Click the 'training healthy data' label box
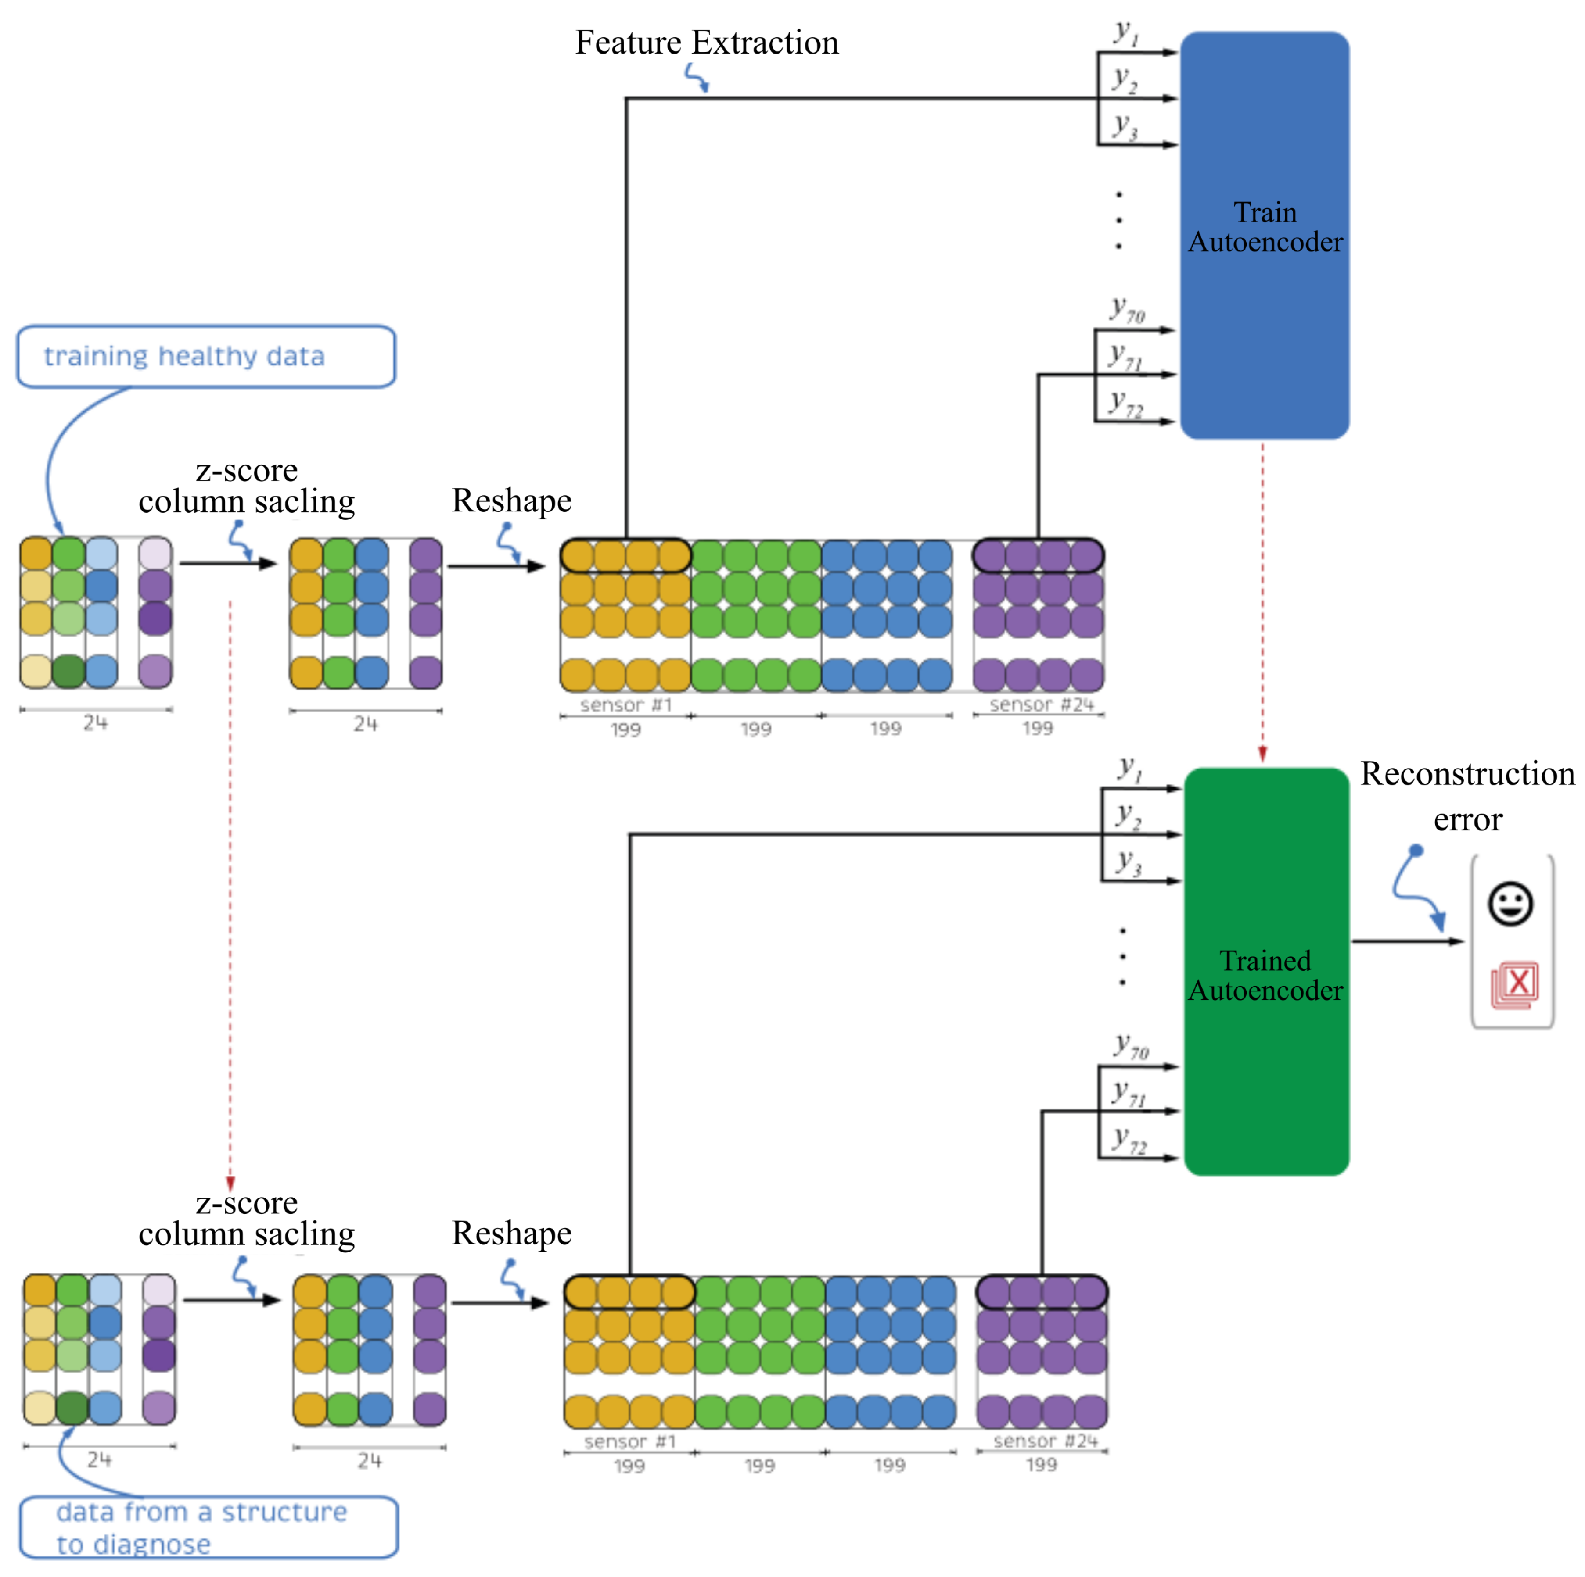click(206, 356)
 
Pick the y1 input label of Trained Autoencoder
click(1130, 769)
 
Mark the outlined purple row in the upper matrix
click(1038, 556)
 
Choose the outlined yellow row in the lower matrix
click(629, 1292)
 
